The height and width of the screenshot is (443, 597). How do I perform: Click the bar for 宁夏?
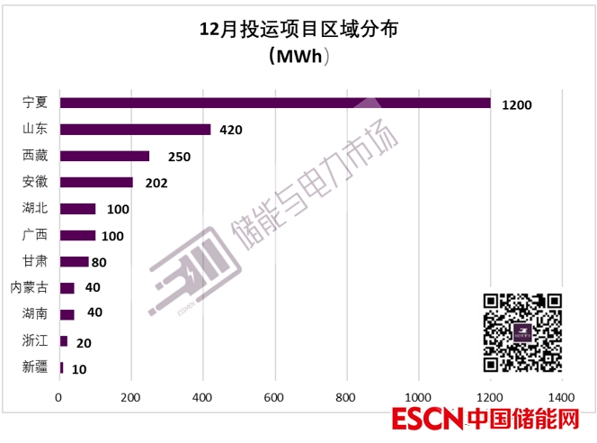(275, 103)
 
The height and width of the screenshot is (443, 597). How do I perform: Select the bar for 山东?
(135, 130)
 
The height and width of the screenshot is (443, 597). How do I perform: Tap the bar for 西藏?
(104, 156)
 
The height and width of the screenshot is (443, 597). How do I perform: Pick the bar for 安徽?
(96, 182)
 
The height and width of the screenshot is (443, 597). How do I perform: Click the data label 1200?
(517, 104)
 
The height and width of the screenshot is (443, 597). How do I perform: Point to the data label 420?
(231, 131)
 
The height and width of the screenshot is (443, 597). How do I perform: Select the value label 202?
(156, 184)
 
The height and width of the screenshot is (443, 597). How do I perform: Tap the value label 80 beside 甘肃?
(100, 263)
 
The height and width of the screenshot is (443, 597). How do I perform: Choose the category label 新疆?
(35, 366)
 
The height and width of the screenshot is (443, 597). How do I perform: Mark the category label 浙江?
(35, 340)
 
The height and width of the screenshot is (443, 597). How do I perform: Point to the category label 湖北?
(35, 209)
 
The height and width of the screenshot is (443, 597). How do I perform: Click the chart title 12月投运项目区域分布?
(298, 30)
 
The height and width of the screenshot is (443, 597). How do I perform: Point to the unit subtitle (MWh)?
(298, 57)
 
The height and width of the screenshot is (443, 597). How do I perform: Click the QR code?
(522, 333)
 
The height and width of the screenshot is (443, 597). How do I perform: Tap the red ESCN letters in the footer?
(426, 420)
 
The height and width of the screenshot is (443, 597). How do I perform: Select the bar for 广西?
(77, 235)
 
